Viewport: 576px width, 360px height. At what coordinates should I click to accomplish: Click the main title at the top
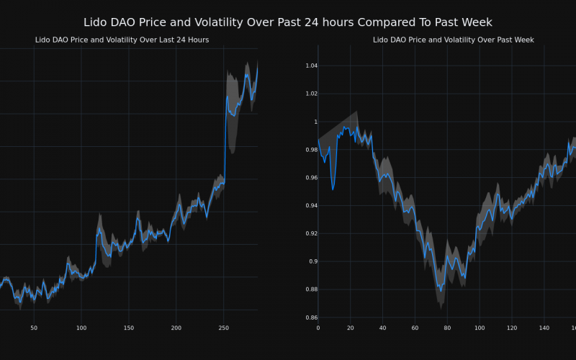(288, 22)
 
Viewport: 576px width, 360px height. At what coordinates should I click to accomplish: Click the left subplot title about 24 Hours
(122, 40)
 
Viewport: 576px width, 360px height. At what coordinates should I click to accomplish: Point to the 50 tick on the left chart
(34, 328)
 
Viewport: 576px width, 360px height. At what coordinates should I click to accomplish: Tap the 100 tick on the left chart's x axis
(81, 328)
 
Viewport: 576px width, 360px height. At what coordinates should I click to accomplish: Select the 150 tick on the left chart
(128, 328)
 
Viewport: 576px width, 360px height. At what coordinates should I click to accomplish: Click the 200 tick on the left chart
(176, 328)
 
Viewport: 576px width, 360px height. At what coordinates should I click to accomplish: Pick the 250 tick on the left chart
(223, 328)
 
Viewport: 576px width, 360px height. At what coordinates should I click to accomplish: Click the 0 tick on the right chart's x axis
(318, 328)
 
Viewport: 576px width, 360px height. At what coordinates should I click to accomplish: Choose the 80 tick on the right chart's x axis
(447, 328)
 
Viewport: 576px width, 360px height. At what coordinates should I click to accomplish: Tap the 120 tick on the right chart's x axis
(512, 328)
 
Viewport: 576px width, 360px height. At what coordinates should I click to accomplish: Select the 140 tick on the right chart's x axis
(544, 328)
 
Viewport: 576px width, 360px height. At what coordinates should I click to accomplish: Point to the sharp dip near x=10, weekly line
(333, 189)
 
